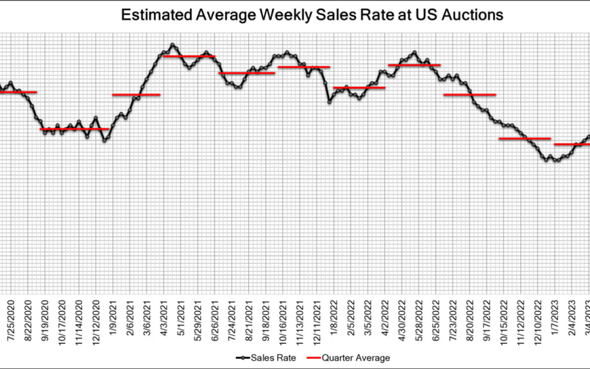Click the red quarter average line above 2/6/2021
(x=136, y=95)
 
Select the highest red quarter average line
(x=189, y=56)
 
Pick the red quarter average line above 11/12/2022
(x=525, y=139)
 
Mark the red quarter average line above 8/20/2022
(x=470, y=95)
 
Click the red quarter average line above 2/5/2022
(x=359, y=88)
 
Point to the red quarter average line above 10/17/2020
(x=74, y=129)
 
